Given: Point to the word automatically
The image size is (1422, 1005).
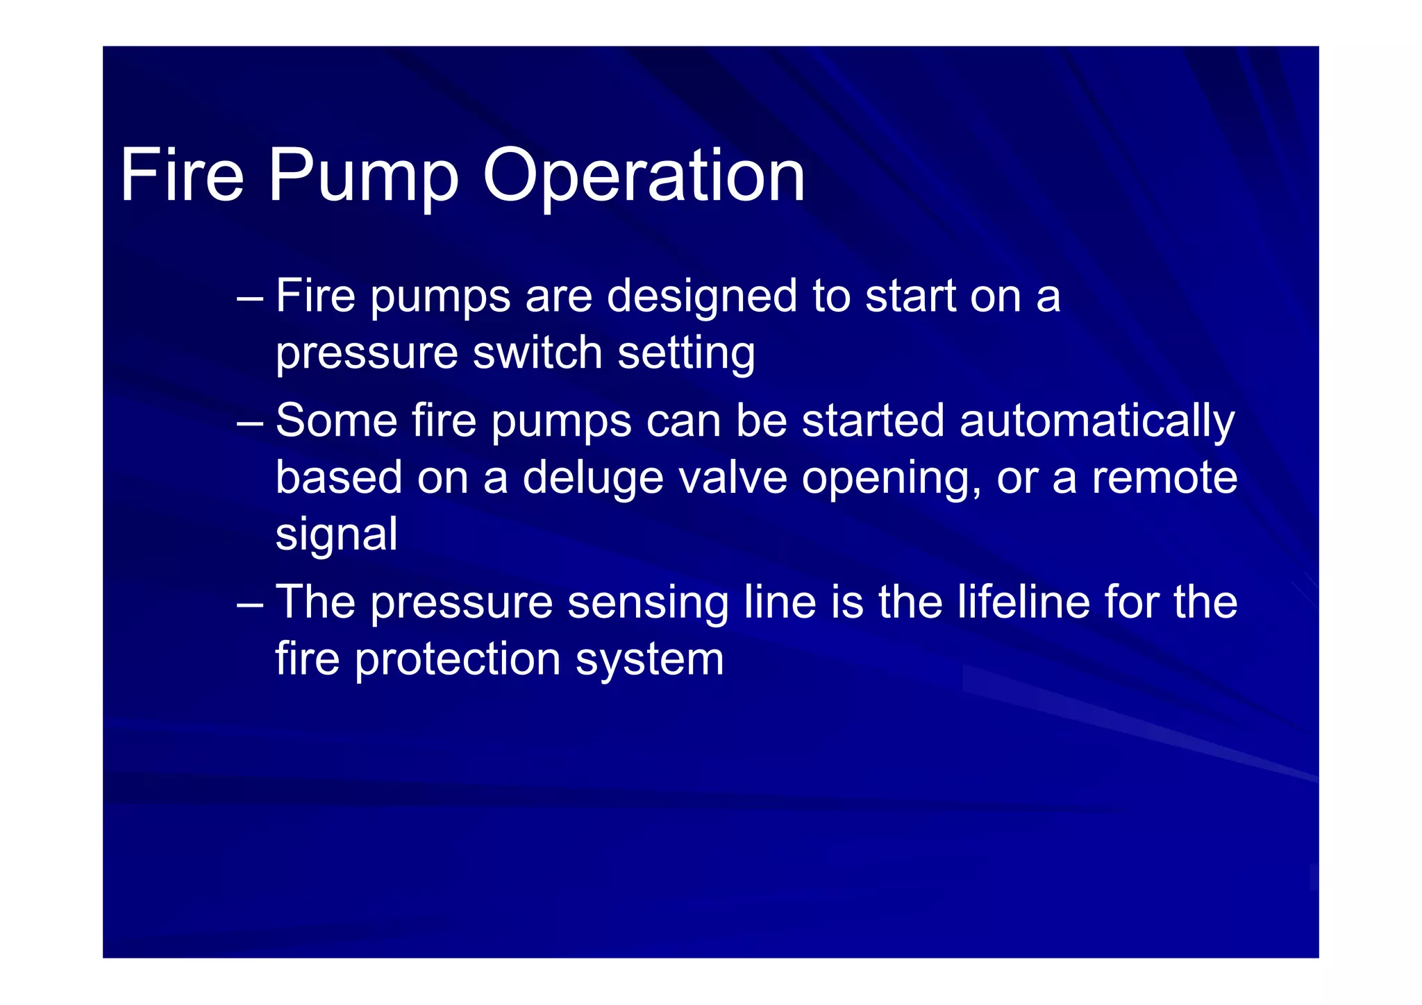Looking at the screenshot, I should pos(1097,422).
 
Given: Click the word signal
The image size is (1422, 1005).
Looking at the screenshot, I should pos(337,536).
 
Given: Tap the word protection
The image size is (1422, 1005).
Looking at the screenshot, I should pos(458,659).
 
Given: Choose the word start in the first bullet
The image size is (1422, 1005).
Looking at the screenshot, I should pos(910,297).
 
